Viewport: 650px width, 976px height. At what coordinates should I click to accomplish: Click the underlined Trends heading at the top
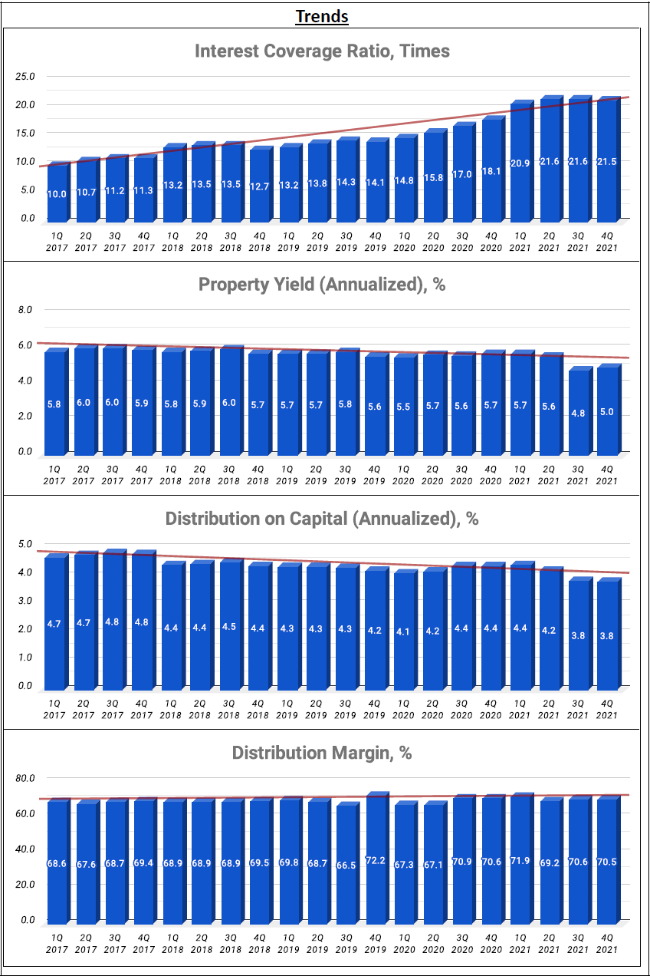(322, 16)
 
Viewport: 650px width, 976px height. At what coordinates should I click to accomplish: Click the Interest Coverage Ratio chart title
(322, 51)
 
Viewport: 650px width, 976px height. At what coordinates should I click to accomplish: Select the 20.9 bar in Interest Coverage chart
(520, 163)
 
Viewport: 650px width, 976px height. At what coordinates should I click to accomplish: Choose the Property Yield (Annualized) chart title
(322, 285)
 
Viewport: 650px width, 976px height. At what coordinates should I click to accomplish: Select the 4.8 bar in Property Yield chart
(577, 412)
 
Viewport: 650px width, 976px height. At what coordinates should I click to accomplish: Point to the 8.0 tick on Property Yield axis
(25, 309)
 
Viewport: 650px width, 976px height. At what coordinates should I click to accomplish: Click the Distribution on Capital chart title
(322, 519)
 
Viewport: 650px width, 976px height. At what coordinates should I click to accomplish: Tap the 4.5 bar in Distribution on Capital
(229, 625)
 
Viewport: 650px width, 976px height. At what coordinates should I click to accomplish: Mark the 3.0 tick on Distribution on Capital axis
(25, 601)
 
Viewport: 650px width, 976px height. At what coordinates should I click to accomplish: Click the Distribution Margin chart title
(322, 753)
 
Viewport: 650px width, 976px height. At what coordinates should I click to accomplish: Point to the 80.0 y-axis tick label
(25, 777)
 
